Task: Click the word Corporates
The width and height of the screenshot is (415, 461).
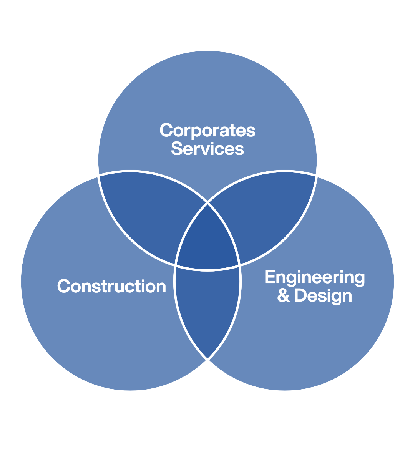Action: coord(207,131)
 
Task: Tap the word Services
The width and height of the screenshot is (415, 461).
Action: coord(207,149)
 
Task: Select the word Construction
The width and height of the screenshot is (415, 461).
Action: coord(111,287)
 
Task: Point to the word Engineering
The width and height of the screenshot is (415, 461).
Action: coord(315,278)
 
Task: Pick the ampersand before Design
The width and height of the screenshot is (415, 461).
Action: coord(283,296)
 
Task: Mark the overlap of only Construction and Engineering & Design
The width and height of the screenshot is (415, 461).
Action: coord(207,307)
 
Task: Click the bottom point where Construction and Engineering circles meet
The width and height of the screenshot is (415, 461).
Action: coord(207,360)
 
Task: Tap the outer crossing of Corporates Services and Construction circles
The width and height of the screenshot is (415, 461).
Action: coord(99,175)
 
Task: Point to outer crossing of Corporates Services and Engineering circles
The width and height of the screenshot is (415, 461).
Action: coord(316,175)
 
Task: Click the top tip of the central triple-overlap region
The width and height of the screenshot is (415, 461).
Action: coord(207,202)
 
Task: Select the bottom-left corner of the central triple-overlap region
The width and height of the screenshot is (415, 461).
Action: coord(176,265)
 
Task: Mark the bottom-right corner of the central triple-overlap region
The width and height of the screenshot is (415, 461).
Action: coord(240,265)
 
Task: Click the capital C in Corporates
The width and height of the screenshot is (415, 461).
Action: coord(166,131)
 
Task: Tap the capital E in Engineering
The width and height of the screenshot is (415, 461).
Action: coord(270,277)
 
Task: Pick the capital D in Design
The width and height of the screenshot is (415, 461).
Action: coord(300,296)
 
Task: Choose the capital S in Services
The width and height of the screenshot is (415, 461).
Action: coord(176,149)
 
